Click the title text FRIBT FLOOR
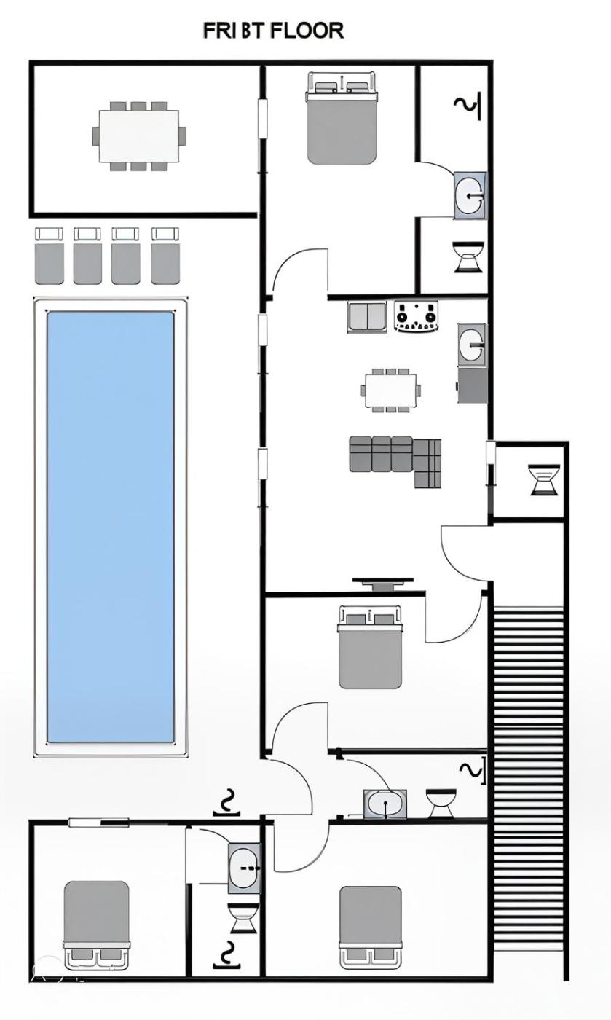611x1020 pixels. click(x=273, y=31)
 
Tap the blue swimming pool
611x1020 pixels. click(x=111, y=526)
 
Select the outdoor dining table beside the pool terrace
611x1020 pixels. click(x=139, y=136)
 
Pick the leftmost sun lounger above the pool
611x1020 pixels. click(x=49, y=256)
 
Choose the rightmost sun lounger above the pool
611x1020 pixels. click(x=165, y=256)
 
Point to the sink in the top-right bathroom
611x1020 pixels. click(x=469, y=195)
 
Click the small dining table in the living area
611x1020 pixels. click(x=391, y=391)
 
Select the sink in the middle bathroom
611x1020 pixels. click(x=385, y=804)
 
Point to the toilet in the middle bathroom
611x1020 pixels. click(x=440, y=802)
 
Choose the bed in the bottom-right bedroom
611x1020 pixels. click(x=370, y=926)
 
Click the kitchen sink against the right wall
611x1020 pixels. click(x=471, y=342)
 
